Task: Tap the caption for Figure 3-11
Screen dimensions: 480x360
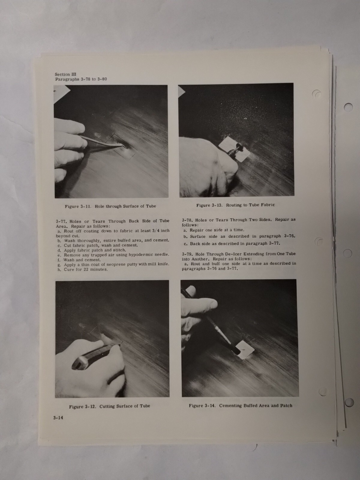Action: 110,206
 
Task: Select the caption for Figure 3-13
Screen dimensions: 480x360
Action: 235,205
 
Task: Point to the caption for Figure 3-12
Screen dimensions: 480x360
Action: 109,406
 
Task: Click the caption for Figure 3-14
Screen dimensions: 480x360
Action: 240,406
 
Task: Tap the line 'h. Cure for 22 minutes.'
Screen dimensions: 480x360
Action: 82,269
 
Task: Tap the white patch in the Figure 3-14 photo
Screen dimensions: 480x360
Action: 244,349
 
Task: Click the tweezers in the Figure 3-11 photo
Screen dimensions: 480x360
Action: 102,141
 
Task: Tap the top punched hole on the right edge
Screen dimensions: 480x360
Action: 348,107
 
